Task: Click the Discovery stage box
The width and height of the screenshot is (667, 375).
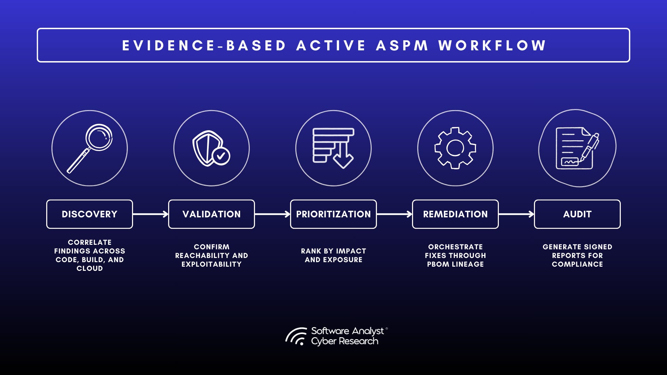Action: [x=90, y=214]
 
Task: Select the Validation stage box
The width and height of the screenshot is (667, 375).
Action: [x=212, y=214]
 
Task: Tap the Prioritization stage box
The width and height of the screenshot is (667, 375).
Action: [x=333, y=214]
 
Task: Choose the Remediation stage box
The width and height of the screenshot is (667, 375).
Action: [x=455, y=214]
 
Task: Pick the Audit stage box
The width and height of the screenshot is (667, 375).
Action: [x=577, y=214]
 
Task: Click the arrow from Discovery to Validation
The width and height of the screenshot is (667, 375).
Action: [x=150, y=214]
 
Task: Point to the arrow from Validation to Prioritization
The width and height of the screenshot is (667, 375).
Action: [x=272, y=214]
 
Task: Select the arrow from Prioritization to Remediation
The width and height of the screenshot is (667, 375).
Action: [x=394, y=214]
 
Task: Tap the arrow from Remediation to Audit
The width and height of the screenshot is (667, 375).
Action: [x=516, y=214]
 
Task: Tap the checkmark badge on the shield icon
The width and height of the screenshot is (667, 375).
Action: [x=221, y=156]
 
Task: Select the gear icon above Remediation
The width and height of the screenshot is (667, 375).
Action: [x=455, y=148]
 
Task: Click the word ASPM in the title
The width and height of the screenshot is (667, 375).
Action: [x=402, y=45]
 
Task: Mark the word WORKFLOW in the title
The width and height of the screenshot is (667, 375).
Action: [x=492, y=45]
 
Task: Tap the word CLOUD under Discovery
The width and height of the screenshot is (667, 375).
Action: [x=90, y=268]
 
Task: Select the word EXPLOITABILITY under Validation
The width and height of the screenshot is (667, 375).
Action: [x=212, y=264]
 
